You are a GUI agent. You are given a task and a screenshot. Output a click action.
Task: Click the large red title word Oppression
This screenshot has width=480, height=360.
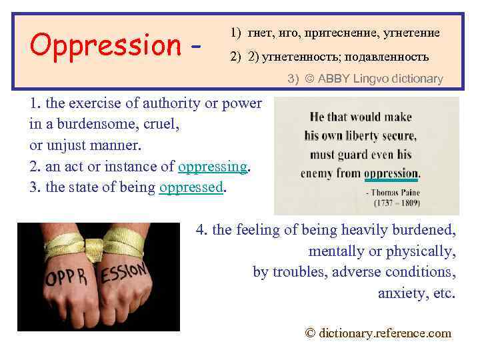[105, 45]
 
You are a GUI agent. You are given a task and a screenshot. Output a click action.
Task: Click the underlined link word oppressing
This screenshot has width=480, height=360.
[213, 167]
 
